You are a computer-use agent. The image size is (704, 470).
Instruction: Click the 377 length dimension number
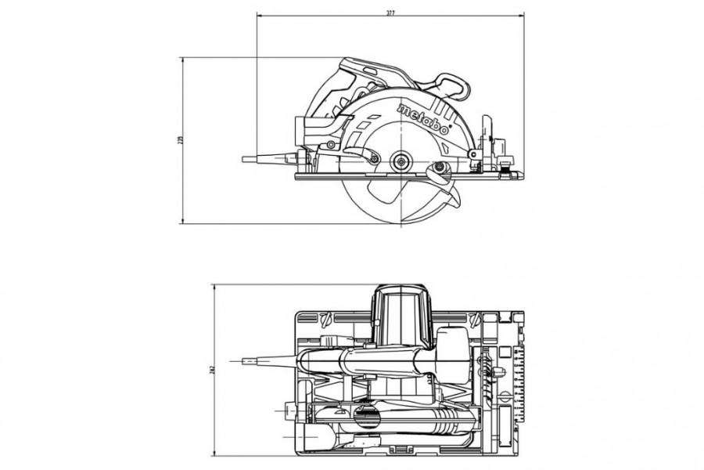[x=390, y=13]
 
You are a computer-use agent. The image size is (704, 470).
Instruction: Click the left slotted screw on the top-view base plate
[x=325, y=318]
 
